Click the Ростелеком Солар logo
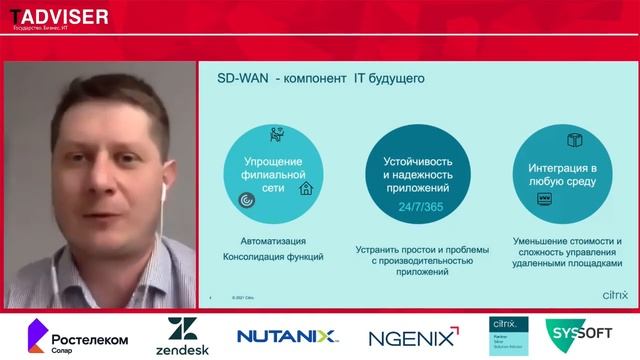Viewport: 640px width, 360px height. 77,334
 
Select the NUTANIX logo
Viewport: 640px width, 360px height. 289,336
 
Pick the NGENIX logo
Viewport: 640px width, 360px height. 413,336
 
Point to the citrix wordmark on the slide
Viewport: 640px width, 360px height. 615,295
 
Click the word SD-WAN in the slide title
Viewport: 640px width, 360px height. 242,78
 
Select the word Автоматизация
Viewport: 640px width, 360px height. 273,241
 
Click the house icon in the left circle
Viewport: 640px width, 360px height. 306,187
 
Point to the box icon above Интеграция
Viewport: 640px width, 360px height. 574,139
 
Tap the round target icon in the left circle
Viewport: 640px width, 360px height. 245,201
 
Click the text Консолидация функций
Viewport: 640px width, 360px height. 273,257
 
